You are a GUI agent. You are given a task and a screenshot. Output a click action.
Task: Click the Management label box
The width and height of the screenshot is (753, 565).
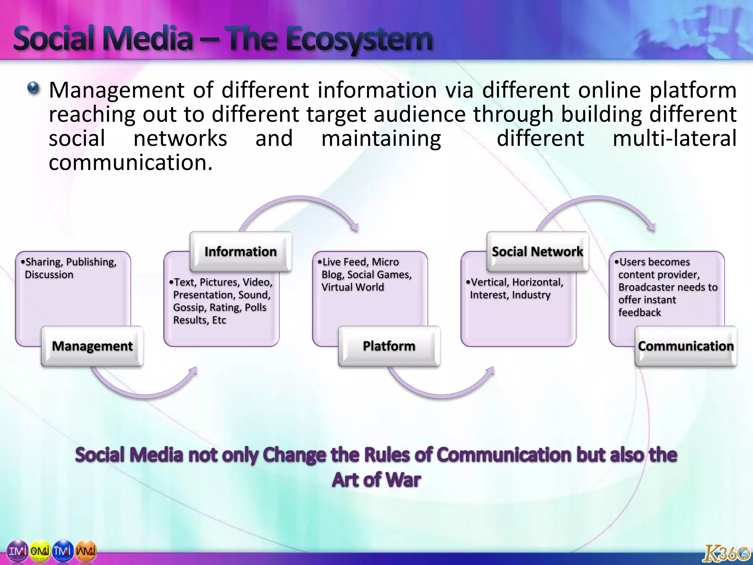(92, 346)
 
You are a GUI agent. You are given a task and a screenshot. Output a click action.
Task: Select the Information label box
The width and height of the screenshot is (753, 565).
(240, 252)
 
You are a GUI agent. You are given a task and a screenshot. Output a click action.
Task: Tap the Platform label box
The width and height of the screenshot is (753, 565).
(389, 346)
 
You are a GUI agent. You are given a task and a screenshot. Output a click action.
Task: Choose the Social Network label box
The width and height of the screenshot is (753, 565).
(537, 252)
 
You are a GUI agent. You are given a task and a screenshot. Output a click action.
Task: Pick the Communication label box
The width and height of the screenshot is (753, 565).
(686, 346)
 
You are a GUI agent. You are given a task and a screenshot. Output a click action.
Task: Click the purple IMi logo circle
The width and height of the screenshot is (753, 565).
(18, 551)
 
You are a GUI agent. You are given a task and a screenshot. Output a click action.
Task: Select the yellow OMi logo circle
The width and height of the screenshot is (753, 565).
(40, 551)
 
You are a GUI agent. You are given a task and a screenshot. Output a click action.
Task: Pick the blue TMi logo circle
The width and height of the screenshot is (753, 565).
(63, 551)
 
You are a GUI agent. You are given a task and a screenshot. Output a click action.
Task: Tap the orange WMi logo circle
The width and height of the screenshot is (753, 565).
(86, 551)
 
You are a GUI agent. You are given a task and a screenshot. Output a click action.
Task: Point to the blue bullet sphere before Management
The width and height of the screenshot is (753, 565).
(33, 88)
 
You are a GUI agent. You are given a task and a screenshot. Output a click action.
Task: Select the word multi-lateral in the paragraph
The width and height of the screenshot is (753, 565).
(674, 139)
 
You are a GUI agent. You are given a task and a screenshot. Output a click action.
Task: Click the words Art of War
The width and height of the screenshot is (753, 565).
(376, 480)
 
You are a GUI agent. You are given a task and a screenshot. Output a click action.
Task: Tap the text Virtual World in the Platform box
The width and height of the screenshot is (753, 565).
(353, 287)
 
